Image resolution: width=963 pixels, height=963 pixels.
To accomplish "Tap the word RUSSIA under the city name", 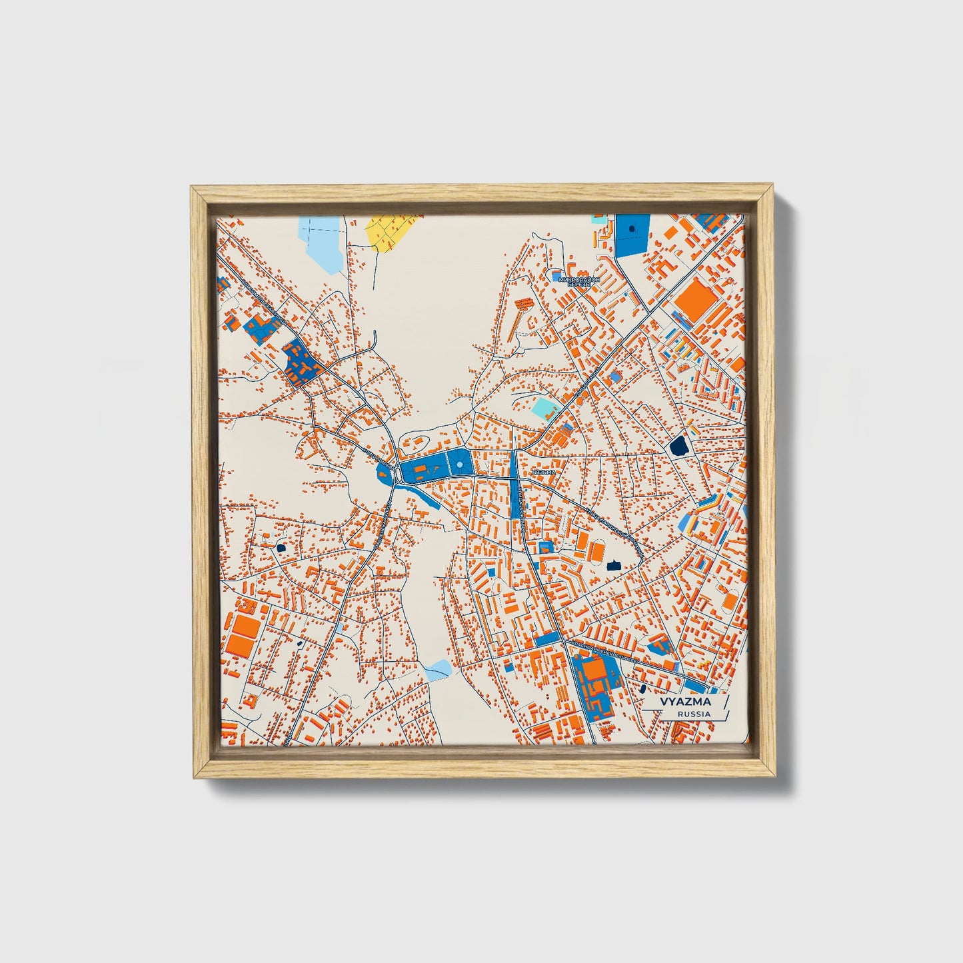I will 693,714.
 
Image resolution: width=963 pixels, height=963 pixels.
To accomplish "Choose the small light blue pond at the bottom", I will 438,668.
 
